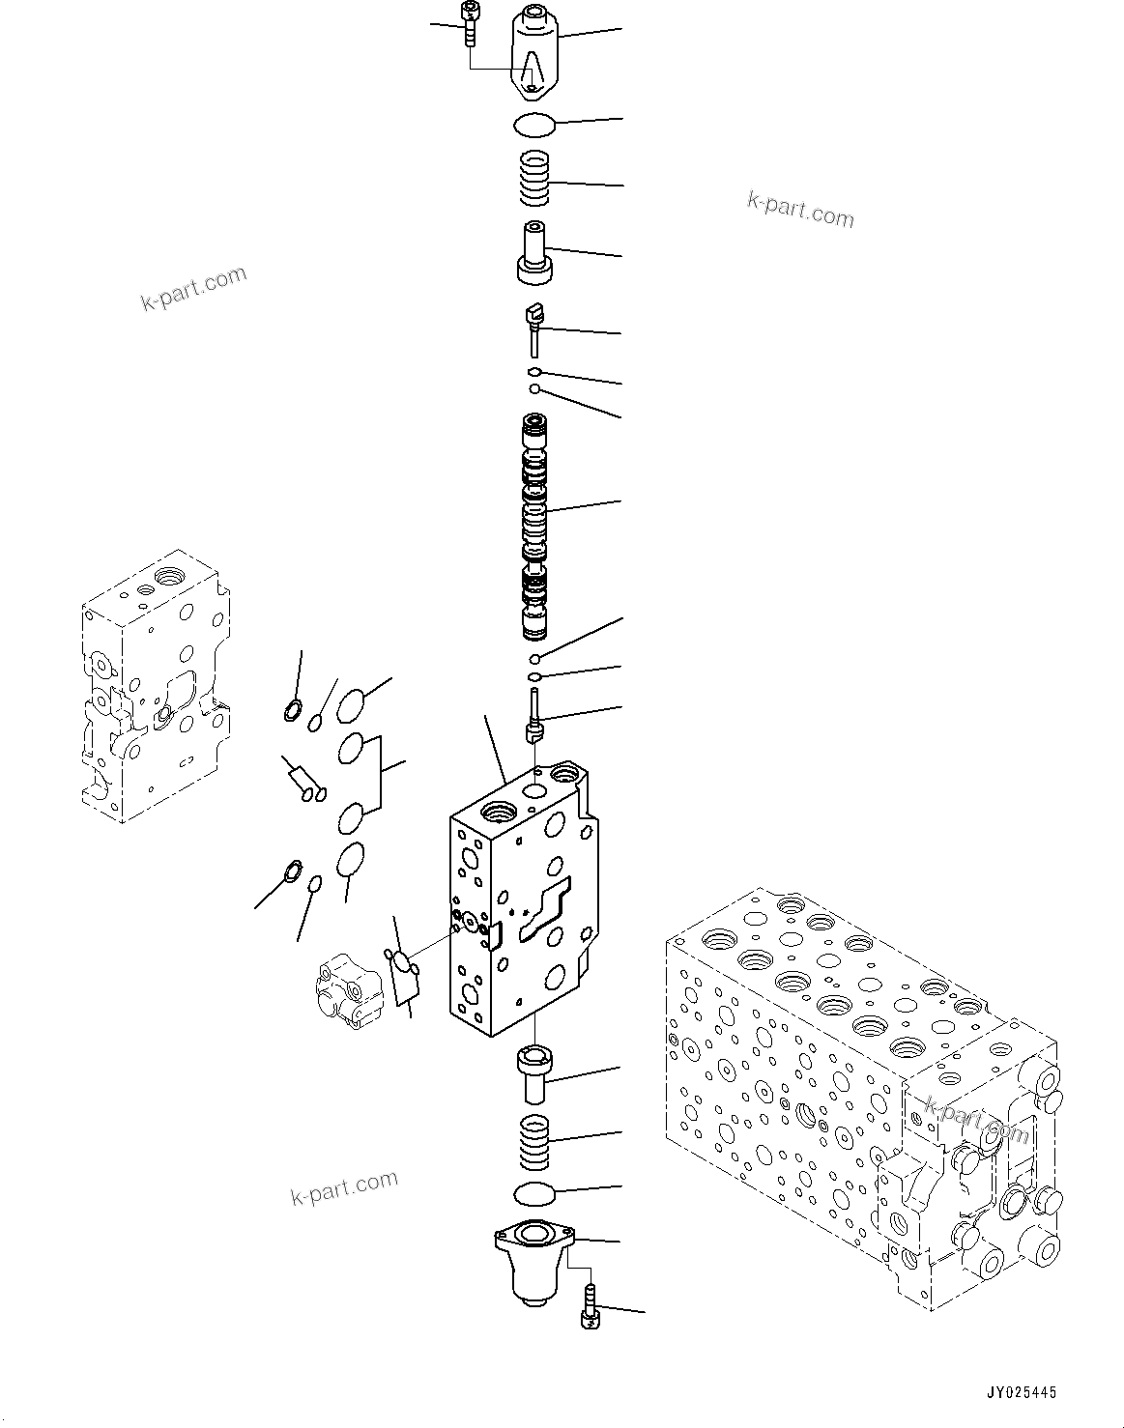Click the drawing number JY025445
(x=1021, y=1392)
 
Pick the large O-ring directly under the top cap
(x=533, y=123)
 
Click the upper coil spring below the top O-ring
(x=534, y=180)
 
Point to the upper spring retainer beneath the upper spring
(x=536, y=254)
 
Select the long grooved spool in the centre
(x=534, y=528)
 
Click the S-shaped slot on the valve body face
(x=546, y=909)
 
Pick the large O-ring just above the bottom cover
(x=533, y=1194)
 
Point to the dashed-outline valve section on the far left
(x=155, y=686)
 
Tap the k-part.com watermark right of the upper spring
(x=800, y=209)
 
